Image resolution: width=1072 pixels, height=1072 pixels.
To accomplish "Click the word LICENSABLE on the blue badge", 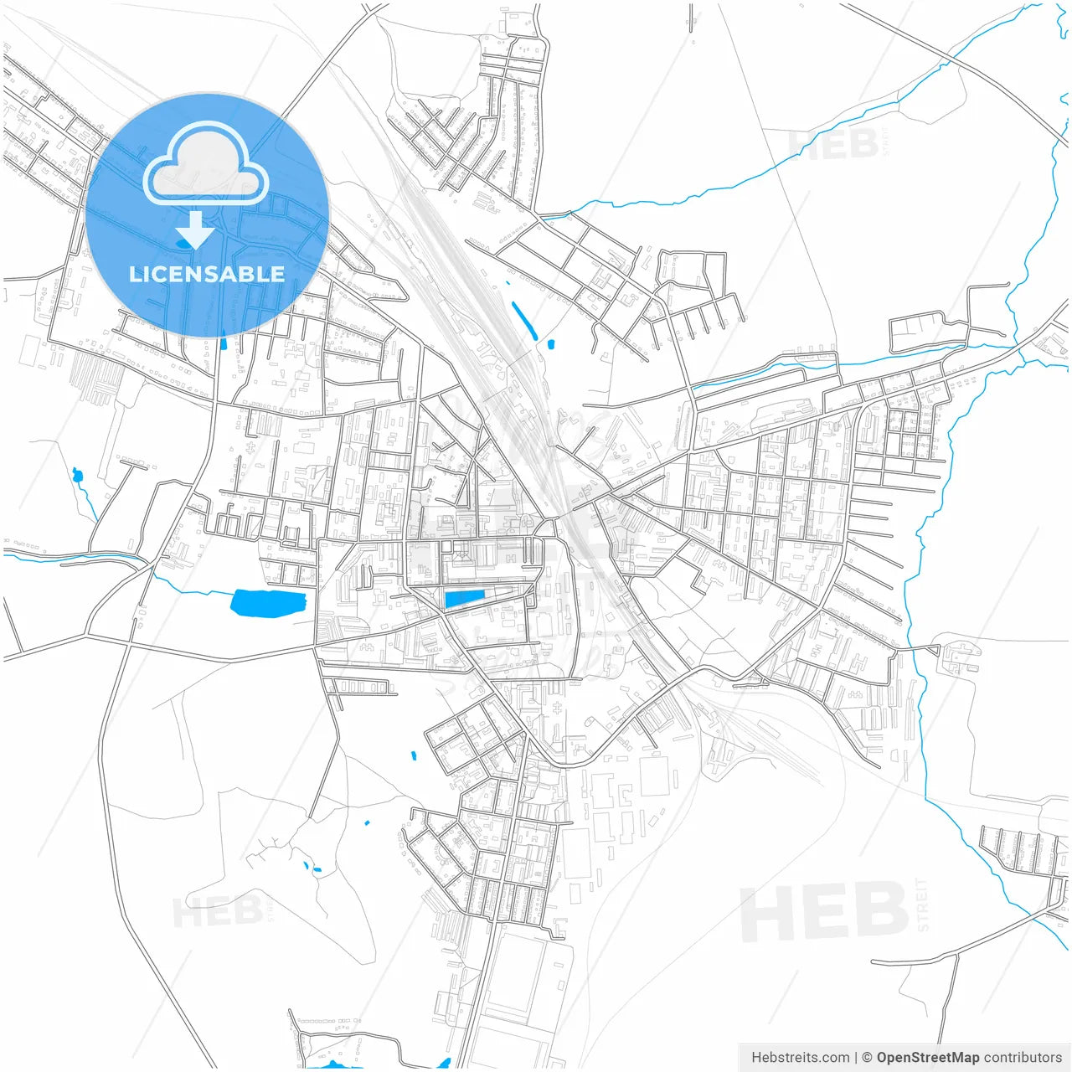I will coord(207,274).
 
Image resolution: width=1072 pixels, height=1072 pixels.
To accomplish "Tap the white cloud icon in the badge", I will coord(206,165).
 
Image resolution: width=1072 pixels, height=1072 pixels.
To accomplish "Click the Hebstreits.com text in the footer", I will coord(800,1058).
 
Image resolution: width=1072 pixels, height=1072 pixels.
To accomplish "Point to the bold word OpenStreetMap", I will coord(927,1058).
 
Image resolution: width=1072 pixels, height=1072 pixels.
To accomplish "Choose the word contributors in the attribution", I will coord(1023,1058).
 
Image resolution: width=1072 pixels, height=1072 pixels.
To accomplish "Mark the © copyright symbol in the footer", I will coord(868,1058).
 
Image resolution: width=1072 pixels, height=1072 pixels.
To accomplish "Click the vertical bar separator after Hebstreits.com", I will coord(855,1058).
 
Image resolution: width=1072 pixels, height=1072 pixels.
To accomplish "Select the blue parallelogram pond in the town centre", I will coord(464,598).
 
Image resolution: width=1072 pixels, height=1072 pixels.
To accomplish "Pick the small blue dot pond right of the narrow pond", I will coord(551,343).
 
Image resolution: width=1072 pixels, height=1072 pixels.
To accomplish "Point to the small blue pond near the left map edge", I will coord(78,477).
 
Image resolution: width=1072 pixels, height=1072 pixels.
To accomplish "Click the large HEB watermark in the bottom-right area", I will coord(824,911).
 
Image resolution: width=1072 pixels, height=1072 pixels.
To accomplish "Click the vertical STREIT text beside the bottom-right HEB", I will coord(922,904).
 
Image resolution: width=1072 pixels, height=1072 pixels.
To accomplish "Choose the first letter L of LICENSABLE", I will coord(135,274).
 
